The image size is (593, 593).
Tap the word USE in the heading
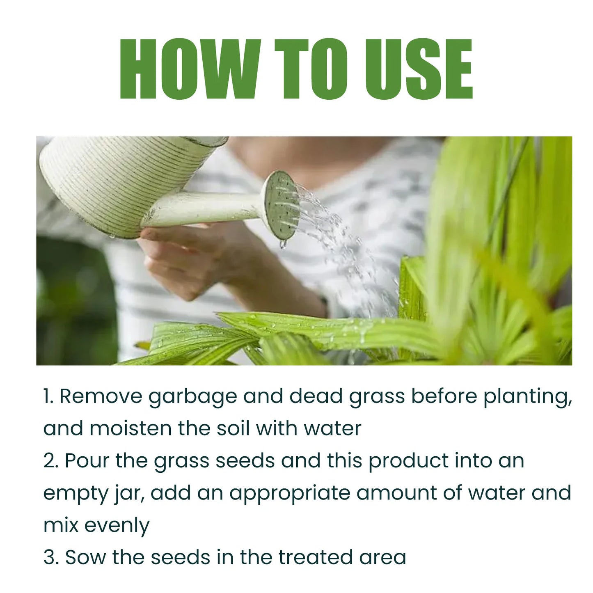tap(418, 69)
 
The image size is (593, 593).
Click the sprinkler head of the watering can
tap(281, 205)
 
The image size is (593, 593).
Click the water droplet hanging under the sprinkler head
tap(283, 245)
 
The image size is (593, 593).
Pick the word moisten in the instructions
tap(130, 428)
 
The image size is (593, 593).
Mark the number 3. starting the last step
tap(51, 557)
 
